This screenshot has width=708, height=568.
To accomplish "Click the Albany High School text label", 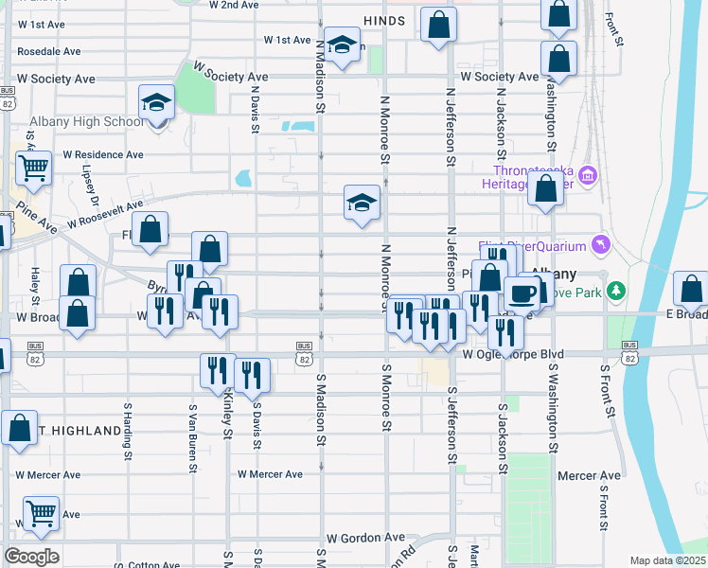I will (x=75, y=121).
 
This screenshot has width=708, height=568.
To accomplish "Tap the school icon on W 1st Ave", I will (x=342, y=44).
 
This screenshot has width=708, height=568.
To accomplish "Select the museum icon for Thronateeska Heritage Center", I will (x=587, y=175).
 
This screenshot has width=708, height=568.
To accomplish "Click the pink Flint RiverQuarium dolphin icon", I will (x=600, y=246).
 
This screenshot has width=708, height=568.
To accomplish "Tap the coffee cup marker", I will (x=522, y=293).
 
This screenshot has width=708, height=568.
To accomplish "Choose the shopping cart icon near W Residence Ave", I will (x=33, y=169).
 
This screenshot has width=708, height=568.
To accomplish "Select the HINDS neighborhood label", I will (x=383, y=20).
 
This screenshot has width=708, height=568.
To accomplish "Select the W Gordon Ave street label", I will (x=357, y=536).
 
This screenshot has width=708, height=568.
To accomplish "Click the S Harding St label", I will (x=128, y=431).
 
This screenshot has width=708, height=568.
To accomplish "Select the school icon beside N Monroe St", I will (x=362, y=203).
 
